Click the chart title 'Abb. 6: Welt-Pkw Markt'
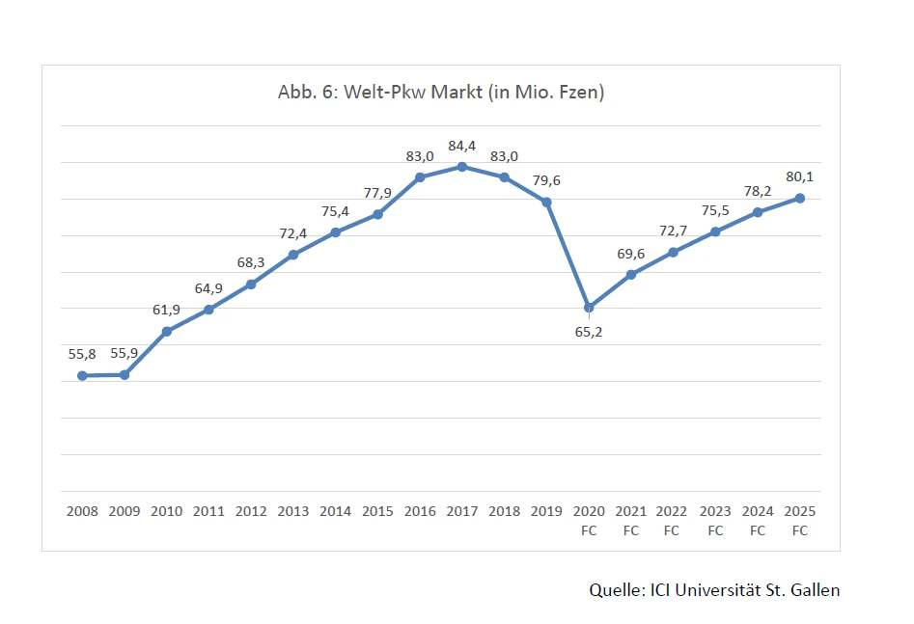coord(440,92)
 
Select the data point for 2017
coord(462,167)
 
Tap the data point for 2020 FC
coord(589,308)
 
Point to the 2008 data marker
coord(82,375)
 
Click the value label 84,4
coord(462,147)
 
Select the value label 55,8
coord(82,354)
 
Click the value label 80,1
coord(800,176)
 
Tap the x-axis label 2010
coord(167,511)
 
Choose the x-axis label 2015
coord(377,511)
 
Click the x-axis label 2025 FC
coord(800,520)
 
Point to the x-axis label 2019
coord(546,511)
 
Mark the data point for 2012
coord(251,285)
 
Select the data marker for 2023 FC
coord(715,231)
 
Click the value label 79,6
coord(546,180)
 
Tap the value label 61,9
coord(167,310)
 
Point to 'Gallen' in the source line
coord(816,589)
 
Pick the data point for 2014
coord(336,232)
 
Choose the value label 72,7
coord(673,231)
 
